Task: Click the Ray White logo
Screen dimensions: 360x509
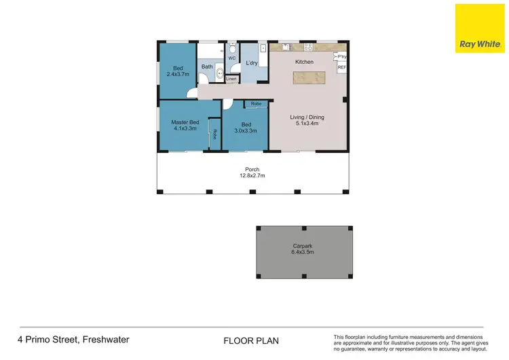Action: pyautogui.click(x=479, y=28)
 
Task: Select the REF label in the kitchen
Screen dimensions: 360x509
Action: pyautogui.click(x=341, y=67)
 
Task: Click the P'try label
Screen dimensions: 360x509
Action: pyautogui.click(x=341, y=56)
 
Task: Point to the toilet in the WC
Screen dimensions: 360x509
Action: pyautogui.click(x=231, y=49)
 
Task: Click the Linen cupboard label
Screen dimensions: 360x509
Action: pyautogui.click(x=231, y=79)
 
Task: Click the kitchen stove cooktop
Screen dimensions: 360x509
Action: pyautogui.click(x=307, y=48)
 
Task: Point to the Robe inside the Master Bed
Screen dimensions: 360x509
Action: pyautogui.click(x=214, y=133)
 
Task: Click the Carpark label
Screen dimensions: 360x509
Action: pyautogui.click(x=303, y=247)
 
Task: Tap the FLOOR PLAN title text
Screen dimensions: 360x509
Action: pyautogui.click(x=250, y=340)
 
